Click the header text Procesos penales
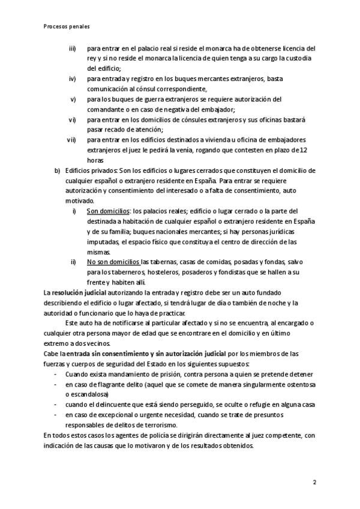coord(67,26)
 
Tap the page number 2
coord(314,482)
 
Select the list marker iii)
coord(73,48)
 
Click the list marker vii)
coord(71,140)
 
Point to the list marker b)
coord(58,170)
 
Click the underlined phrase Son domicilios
coord(108,211)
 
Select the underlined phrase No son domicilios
coord(113,262)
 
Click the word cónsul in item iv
coord(153,89)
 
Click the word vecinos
coord(97,343)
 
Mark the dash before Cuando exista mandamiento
coord(55,374)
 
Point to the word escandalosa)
coord(87,394)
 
